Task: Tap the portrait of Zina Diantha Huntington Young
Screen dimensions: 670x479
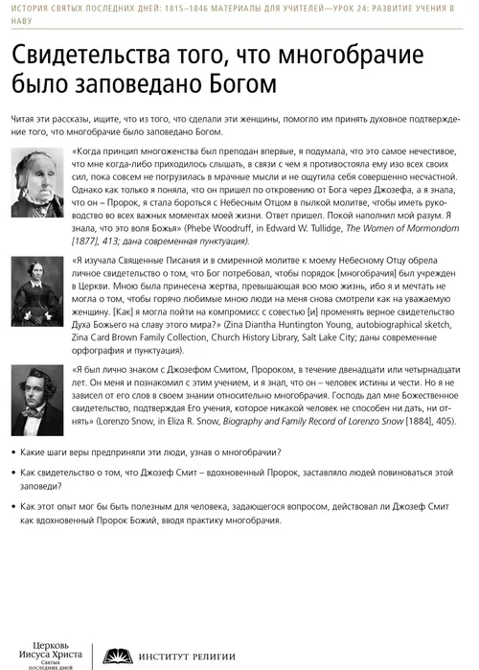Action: [38, 285]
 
